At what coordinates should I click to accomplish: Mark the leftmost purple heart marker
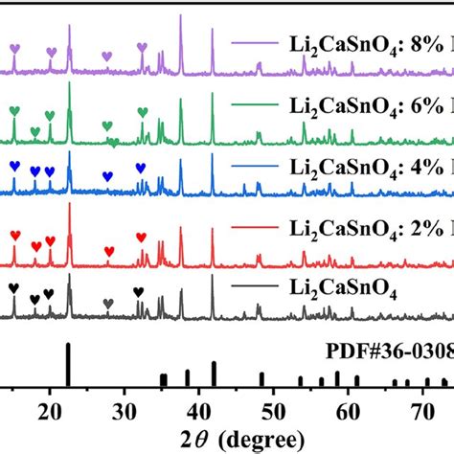pyautogui.click(x=14, y=48)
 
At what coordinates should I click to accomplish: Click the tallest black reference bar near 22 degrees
pyautogui.click(x=68, y=365)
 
